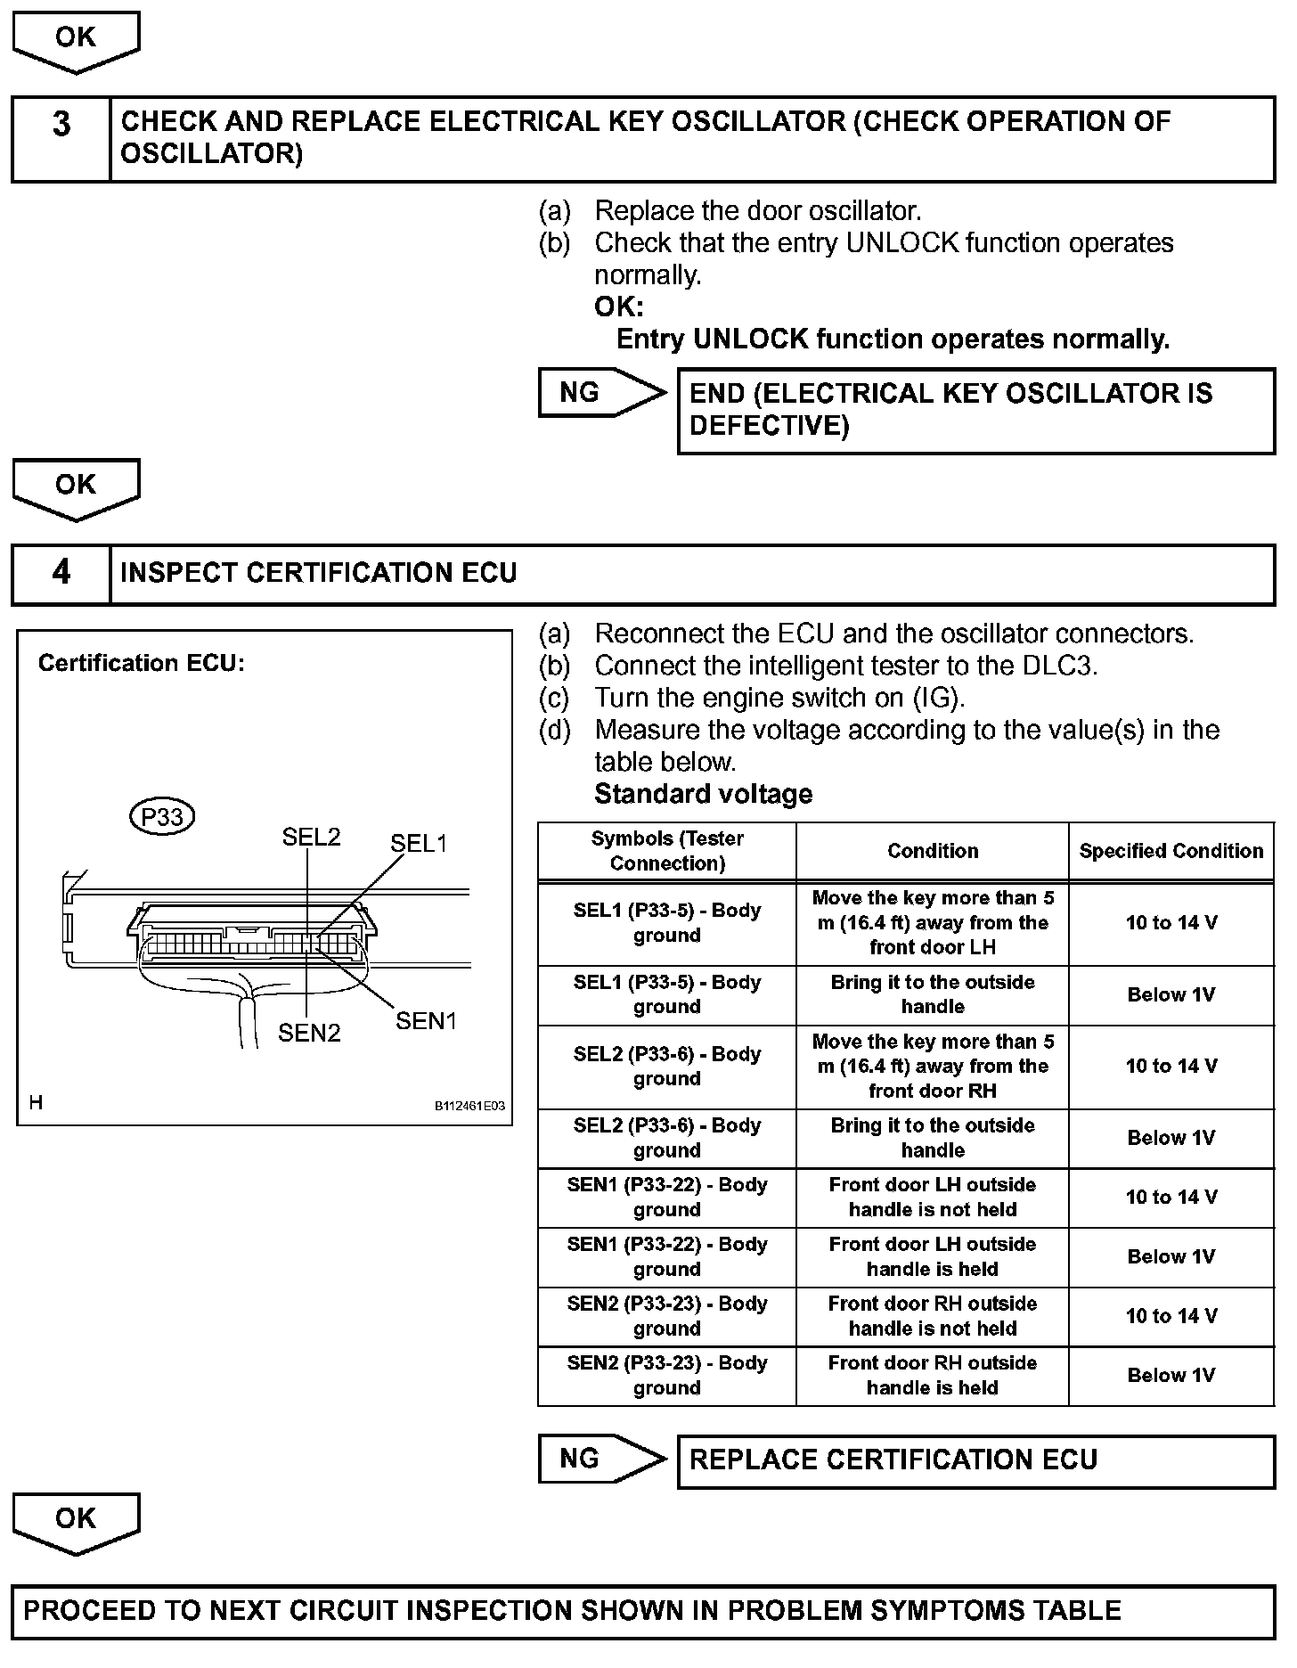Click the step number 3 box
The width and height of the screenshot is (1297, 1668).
pos(61,139)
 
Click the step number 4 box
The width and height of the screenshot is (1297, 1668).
pos(61,574)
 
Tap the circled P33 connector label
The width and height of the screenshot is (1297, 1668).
pos(162,816)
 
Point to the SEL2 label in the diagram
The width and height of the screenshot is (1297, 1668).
pos(311,837)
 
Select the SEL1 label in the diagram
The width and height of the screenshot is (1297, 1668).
pos(419,843)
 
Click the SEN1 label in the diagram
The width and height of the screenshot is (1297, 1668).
pos(426,1021)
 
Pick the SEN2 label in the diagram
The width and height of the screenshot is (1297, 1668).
pos(309,1033)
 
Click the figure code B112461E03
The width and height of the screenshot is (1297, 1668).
pos(469,1106)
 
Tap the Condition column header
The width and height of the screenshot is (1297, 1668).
pos(932,851)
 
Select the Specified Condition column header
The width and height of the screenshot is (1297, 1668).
pos(1171,851)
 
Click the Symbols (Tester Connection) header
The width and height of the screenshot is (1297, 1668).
pos(666,851)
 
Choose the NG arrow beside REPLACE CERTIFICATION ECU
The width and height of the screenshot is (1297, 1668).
pos(602,1459)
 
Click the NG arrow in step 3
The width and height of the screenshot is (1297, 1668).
pos(602,392)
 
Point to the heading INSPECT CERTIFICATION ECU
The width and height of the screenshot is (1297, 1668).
pos(318,573)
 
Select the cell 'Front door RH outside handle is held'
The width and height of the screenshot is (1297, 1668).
pos(932,1375)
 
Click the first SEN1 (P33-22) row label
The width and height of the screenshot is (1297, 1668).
pos(666,1197)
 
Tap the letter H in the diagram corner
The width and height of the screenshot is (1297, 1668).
pos(36,1103)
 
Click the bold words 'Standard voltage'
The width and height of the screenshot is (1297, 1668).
pos(703,794)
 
